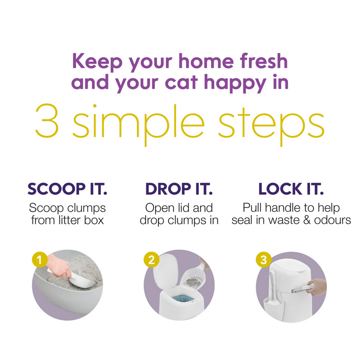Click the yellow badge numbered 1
tap(40, 260)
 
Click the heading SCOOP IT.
tap(67, 189)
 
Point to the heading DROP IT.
tap(179, 189)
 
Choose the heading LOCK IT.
tap(291, 189)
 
